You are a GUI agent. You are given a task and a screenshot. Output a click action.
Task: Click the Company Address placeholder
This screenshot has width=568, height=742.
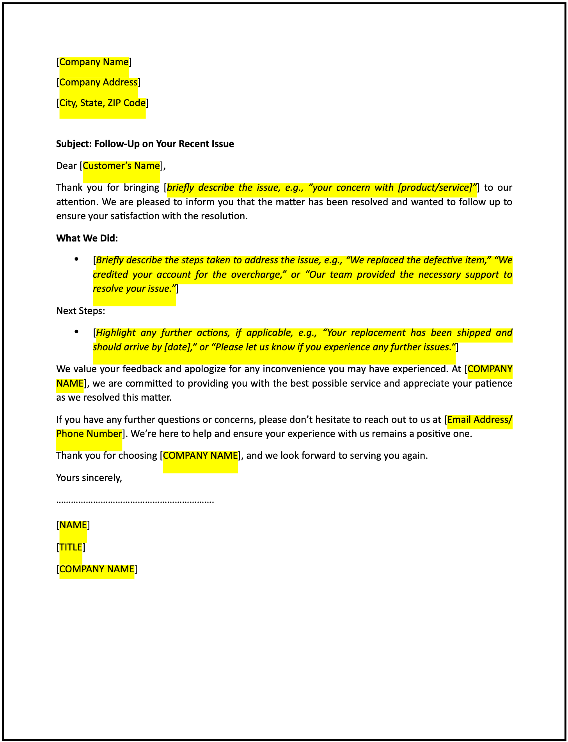[x=98, y=82]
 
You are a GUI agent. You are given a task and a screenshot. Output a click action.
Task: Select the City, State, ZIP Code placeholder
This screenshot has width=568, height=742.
[x=103, y=103]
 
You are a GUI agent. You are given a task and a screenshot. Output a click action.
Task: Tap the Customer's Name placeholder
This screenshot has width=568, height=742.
[x=121, y=166]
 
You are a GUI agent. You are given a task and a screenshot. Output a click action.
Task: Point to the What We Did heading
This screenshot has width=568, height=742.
[x=86, y=238]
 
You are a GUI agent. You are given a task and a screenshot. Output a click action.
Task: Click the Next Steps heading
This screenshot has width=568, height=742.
[x=80, y=311]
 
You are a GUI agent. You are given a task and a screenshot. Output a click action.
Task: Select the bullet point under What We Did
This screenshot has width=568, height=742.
[x=76, y=259]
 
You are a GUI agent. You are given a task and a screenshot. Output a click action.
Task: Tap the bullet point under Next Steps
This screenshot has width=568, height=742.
[x=76, y=332]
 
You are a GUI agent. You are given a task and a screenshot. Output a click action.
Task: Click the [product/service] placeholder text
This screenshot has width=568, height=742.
[x=436, y=188]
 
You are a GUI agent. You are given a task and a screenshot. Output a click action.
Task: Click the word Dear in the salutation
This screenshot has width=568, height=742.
[x=66, y=166]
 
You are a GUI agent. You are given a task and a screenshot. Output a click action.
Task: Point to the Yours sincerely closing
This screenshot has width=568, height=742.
[x=89, y=478]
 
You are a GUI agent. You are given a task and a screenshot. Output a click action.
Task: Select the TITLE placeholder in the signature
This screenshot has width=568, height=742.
[x=71, y=547]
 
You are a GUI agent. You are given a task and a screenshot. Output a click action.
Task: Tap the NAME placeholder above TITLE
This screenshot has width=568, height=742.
[x=73, y=525]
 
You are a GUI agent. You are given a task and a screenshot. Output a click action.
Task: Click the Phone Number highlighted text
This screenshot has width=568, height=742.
[x=89, y=434]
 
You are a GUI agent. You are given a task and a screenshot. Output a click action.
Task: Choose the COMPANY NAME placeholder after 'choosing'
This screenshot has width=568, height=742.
[x=200, y=456]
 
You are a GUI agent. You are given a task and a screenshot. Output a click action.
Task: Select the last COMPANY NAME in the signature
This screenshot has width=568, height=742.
[x=97, y=569]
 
